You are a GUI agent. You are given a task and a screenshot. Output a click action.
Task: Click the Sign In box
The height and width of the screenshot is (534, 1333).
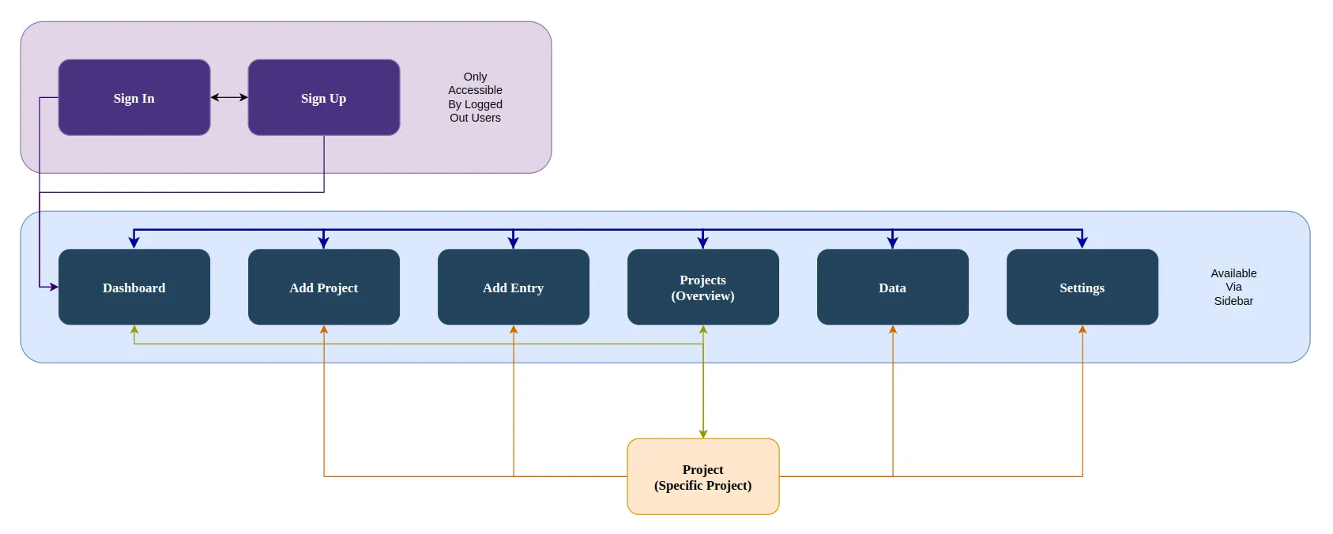(x=134, y=98)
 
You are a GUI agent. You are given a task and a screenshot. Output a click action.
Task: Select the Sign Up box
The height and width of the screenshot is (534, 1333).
(x=324, y=98)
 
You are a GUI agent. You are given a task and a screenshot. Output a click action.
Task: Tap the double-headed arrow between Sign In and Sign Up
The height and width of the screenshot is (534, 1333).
(x=229, y=97)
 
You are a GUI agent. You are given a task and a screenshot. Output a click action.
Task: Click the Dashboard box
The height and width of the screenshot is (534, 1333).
(x=134, y=288)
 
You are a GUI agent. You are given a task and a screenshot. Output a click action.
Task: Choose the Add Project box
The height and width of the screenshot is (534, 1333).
(x=324, y=288)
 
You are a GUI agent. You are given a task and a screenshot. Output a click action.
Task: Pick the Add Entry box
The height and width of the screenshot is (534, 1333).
(x=514, y=288)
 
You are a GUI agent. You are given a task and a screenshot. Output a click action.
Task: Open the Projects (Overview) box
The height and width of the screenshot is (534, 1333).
(x=703, y=288)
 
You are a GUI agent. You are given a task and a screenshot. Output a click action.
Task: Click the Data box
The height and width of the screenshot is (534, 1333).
(x=893, y=288)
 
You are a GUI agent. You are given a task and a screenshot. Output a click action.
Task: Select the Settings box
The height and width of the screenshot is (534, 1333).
(x=1083, y=288)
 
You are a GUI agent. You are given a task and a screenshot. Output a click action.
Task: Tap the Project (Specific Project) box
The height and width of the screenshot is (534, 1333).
(x=703, y=477)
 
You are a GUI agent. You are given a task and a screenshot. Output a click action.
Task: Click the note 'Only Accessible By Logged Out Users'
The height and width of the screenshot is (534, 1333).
(x=475, y=97)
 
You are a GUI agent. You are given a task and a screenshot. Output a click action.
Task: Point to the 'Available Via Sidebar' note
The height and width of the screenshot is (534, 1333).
(x=1233, y=287)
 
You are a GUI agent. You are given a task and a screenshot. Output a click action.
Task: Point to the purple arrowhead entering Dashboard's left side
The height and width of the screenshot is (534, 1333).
(x=54, y=287)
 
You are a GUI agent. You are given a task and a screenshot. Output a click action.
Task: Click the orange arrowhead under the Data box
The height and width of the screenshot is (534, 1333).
(x=893, y=329)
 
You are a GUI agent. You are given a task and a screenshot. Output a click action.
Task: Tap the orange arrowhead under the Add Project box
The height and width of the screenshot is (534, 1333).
(x=324, y=329)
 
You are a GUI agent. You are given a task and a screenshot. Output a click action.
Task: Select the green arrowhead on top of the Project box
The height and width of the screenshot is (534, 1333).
(x=703, y=434)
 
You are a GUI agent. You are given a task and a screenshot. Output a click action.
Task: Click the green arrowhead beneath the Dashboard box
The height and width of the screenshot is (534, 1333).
(x=134, y=329)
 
